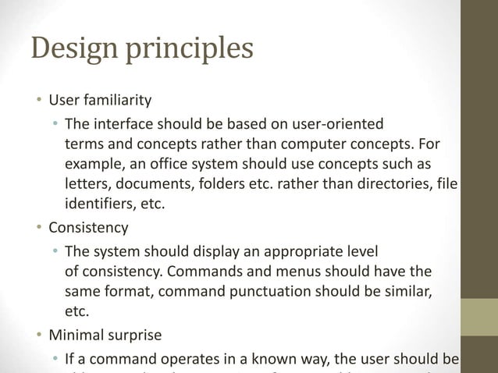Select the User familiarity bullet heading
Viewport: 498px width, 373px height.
pyautogui.click(x=100, y=101)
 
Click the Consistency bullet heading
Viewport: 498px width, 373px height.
pyautogui.click(x=88, y=228)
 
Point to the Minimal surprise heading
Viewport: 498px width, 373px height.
pyautogui.click(x=105, y=336)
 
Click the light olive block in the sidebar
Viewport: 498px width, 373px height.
pyautogui.click(x=479, y=317)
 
